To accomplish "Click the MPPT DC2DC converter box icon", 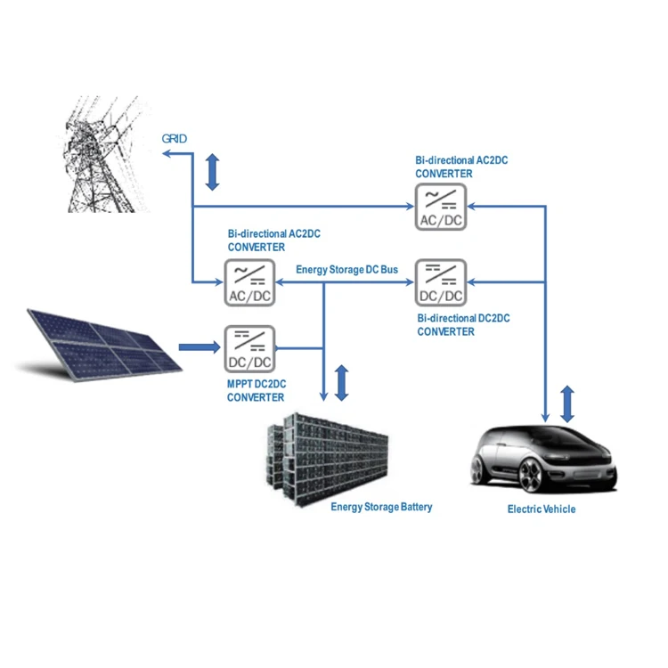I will (249, 348).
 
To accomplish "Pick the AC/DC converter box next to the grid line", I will (249, 282).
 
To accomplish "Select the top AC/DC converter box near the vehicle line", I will (440, 207).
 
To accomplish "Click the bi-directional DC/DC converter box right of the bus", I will (440, 282).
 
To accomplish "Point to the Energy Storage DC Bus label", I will (346, 269).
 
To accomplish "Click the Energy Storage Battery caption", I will (381, 507).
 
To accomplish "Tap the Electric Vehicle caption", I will (541, 509).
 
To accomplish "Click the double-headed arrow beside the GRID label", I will (212, 172).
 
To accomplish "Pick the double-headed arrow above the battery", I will (340, 382).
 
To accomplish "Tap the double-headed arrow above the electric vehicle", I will (567, 403).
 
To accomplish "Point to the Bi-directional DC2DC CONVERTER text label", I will (463, 325).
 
